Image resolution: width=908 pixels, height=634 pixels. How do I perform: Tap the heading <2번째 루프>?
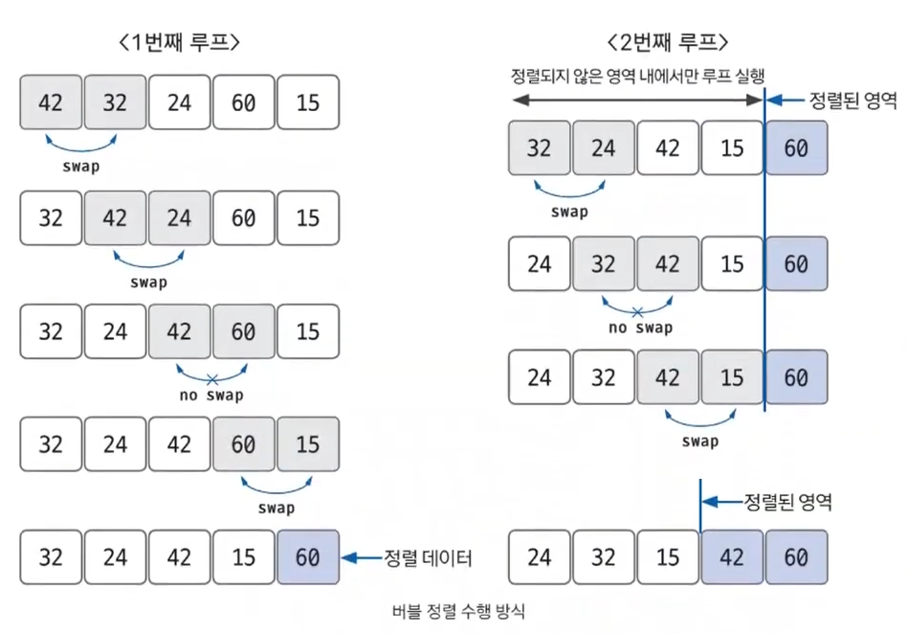(667, 42)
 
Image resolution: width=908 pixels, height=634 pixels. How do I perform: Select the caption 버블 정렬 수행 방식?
(458, 611)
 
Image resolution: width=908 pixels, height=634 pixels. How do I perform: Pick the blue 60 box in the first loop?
(308, 557)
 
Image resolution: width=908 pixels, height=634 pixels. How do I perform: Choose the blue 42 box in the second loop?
(732, 557)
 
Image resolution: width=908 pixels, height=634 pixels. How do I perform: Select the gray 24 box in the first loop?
(179, 217)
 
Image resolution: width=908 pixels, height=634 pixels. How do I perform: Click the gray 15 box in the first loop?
(308, 444)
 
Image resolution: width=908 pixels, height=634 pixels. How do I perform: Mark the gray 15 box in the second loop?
(732, 377)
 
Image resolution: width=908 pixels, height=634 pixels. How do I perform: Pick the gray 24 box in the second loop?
(603, 148)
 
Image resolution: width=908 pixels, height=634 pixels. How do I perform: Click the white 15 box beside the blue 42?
(668, 557)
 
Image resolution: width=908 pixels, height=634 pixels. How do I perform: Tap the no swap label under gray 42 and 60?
(211, 395)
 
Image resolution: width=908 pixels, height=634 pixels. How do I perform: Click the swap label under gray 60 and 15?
(276, 508)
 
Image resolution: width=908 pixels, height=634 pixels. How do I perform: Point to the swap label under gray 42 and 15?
(700, 442)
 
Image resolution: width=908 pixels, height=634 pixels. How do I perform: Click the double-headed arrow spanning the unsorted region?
(636, 100)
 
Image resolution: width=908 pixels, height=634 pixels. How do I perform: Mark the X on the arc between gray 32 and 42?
(635, 311)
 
